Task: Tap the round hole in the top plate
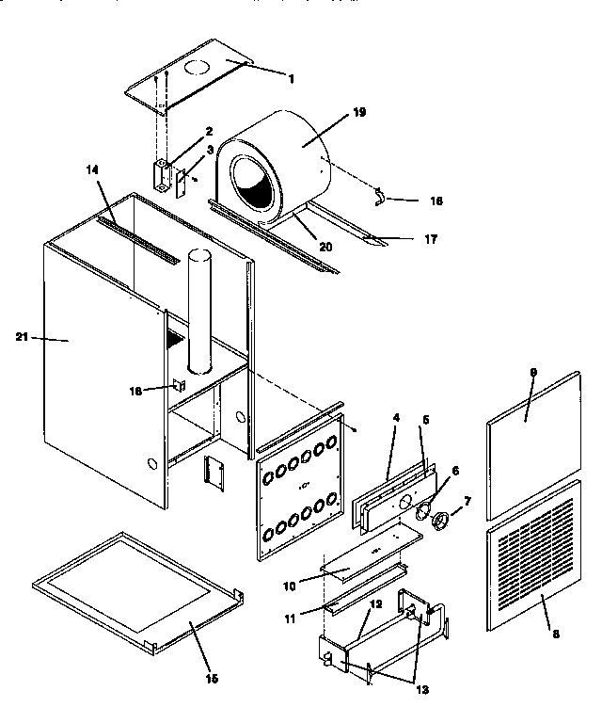(x=197, y=69)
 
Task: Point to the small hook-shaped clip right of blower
(x=380, y=195)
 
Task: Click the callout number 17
(x=431, y=239)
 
